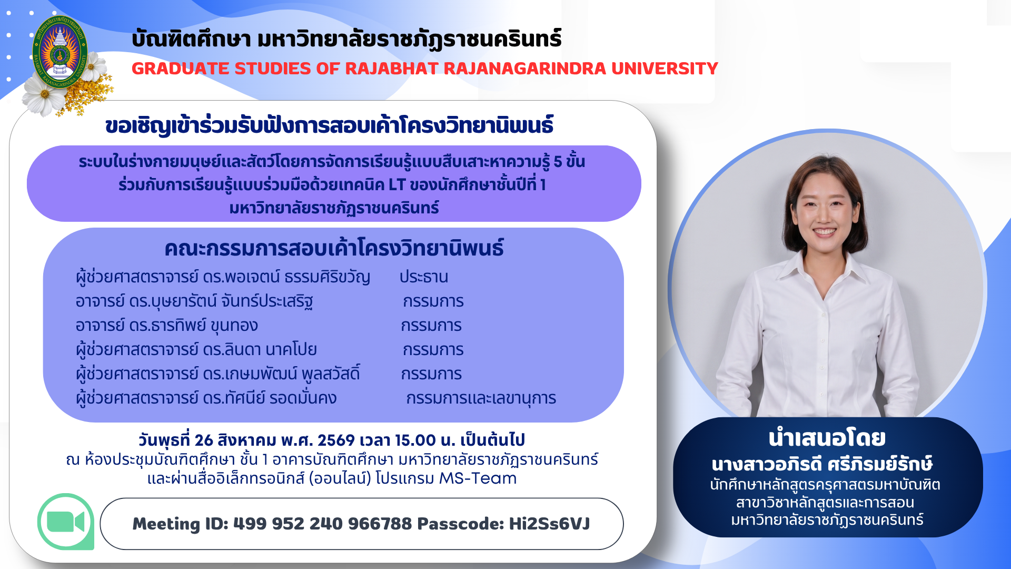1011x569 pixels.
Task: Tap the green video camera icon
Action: click(66, 522)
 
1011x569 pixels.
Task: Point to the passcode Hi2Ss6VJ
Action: click(549, 524)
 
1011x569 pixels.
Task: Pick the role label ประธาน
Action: click(424, 277)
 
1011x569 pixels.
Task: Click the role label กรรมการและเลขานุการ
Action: click(481, 398)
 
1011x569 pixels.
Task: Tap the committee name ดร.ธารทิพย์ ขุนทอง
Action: click(193, 326)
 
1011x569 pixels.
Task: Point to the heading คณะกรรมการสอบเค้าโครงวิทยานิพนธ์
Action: click(334, 248)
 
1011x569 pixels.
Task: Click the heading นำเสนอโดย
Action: click(827, 438)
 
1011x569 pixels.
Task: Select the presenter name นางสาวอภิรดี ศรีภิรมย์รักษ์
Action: click(822, 464)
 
